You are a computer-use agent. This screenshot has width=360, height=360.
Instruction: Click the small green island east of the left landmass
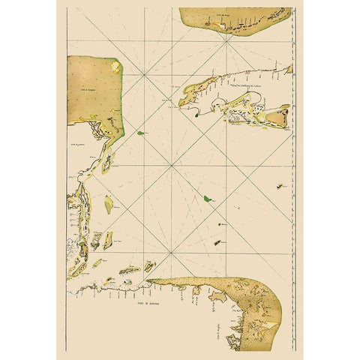point(140,133)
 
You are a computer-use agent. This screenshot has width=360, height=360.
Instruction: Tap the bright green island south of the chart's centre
point(206,198)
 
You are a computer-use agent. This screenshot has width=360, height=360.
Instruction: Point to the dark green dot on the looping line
point(196,115)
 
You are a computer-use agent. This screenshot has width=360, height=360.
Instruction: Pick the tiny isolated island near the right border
point(279,185)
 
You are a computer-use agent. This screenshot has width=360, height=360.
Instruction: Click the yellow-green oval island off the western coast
point(108,204)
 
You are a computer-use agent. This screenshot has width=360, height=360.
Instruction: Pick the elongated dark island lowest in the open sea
point(217,242)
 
